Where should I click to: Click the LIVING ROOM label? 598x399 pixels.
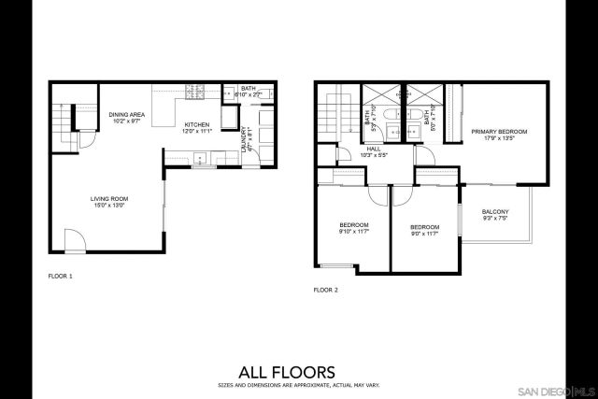[x=108, y=199]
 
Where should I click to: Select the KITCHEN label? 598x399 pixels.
[x=196, y=124]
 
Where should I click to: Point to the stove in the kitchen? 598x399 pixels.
[x=197, y=92]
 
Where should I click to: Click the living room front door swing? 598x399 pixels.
[x=74, y=240]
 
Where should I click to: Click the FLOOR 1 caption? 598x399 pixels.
[x=60, y=277]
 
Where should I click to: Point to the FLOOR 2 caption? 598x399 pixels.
[x=326, y=291]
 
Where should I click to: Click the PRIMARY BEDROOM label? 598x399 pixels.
[x=499, y=132]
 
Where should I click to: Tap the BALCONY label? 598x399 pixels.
[x=495, y=212]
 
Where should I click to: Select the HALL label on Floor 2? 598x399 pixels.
[x=373, y=149]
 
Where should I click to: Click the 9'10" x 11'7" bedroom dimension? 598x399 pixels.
[x=353, y=232]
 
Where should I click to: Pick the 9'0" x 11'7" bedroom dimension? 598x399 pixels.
[x=424, y=233]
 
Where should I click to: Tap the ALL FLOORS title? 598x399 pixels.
[x=300, y=372]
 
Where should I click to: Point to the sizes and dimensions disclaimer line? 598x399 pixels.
[x=300, y=385]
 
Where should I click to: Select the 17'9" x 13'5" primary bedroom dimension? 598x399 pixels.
[x=499, y=138]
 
